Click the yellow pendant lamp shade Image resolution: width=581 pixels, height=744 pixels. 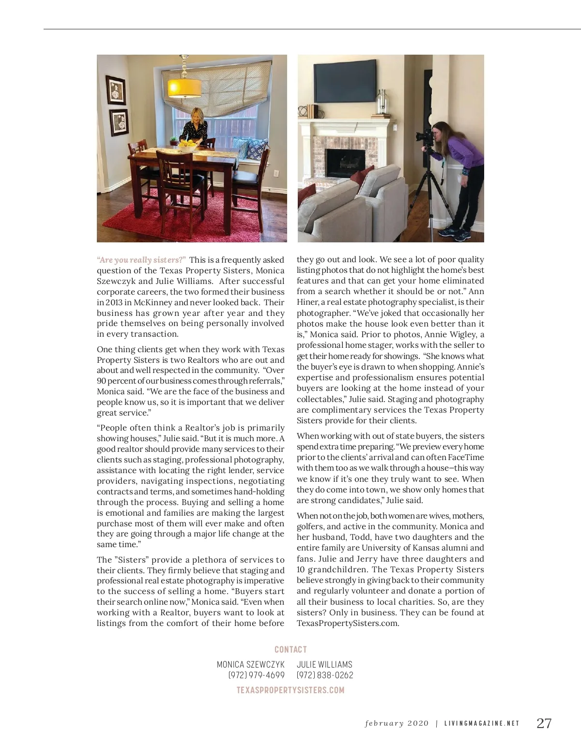point(184,88)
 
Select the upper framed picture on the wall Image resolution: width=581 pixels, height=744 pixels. point(116,89)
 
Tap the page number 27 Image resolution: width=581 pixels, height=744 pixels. point(544,723)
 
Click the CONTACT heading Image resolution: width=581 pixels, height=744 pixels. point(290,649)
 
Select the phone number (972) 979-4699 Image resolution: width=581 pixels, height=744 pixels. point(256,675)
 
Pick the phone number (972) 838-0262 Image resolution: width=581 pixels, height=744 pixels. point(325,675)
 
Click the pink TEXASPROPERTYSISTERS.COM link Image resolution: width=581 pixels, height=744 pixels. point(290,690)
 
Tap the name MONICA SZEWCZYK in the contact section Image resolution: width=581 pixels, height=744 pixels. point(250,665)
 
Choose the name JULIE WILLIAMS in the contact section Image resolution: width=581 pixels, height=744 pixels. point(324,665)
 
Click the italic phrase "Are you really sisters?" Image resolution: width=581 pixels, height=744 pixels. point(141,260)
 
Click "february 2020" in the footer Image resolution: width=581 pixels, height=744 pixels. point(397,723)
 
